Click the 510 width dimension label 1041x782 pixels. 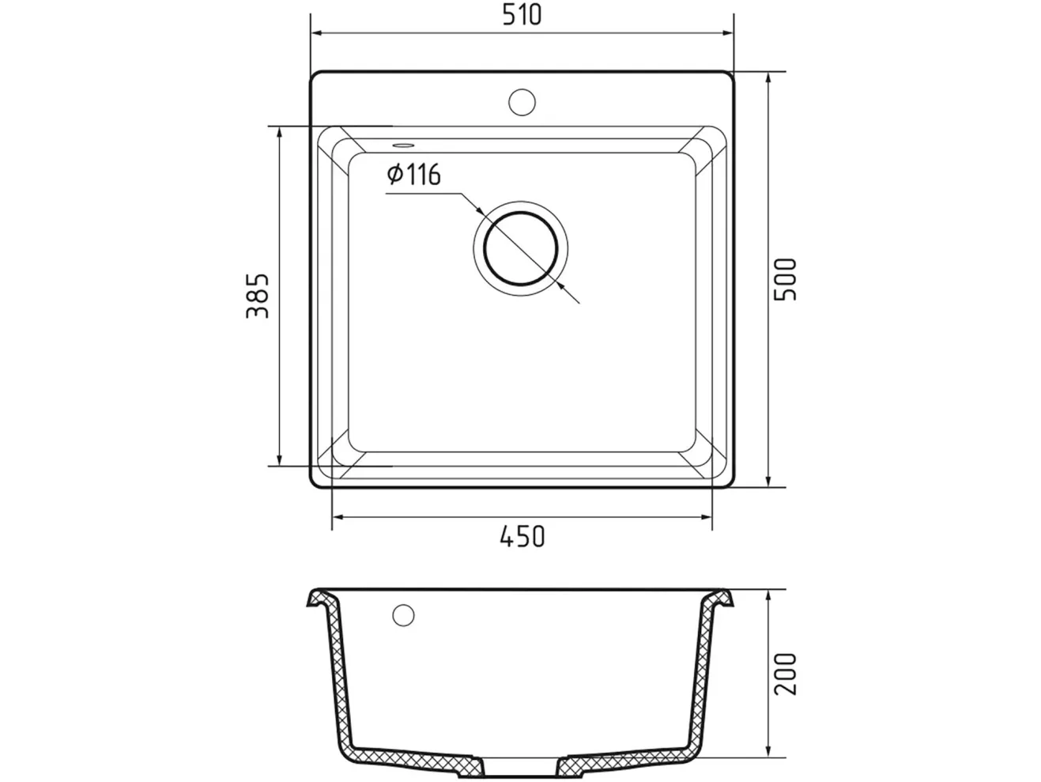pos(521,15)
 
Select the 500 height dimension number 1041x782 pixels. pos(785,279)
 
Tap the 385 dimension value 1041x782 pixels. pos(258,296)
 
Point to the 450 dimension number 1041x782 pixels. pos(522,536)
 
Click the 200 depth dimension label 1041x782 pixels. pos(785,674)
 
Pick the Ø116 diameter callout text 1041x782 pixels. pos(413,175)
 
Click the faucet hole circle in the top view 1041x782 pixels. pos(522,102)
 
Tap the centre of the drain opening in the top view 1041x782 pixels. pos(520,248)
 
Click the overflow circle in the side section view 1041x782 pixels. pos(403,615)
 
